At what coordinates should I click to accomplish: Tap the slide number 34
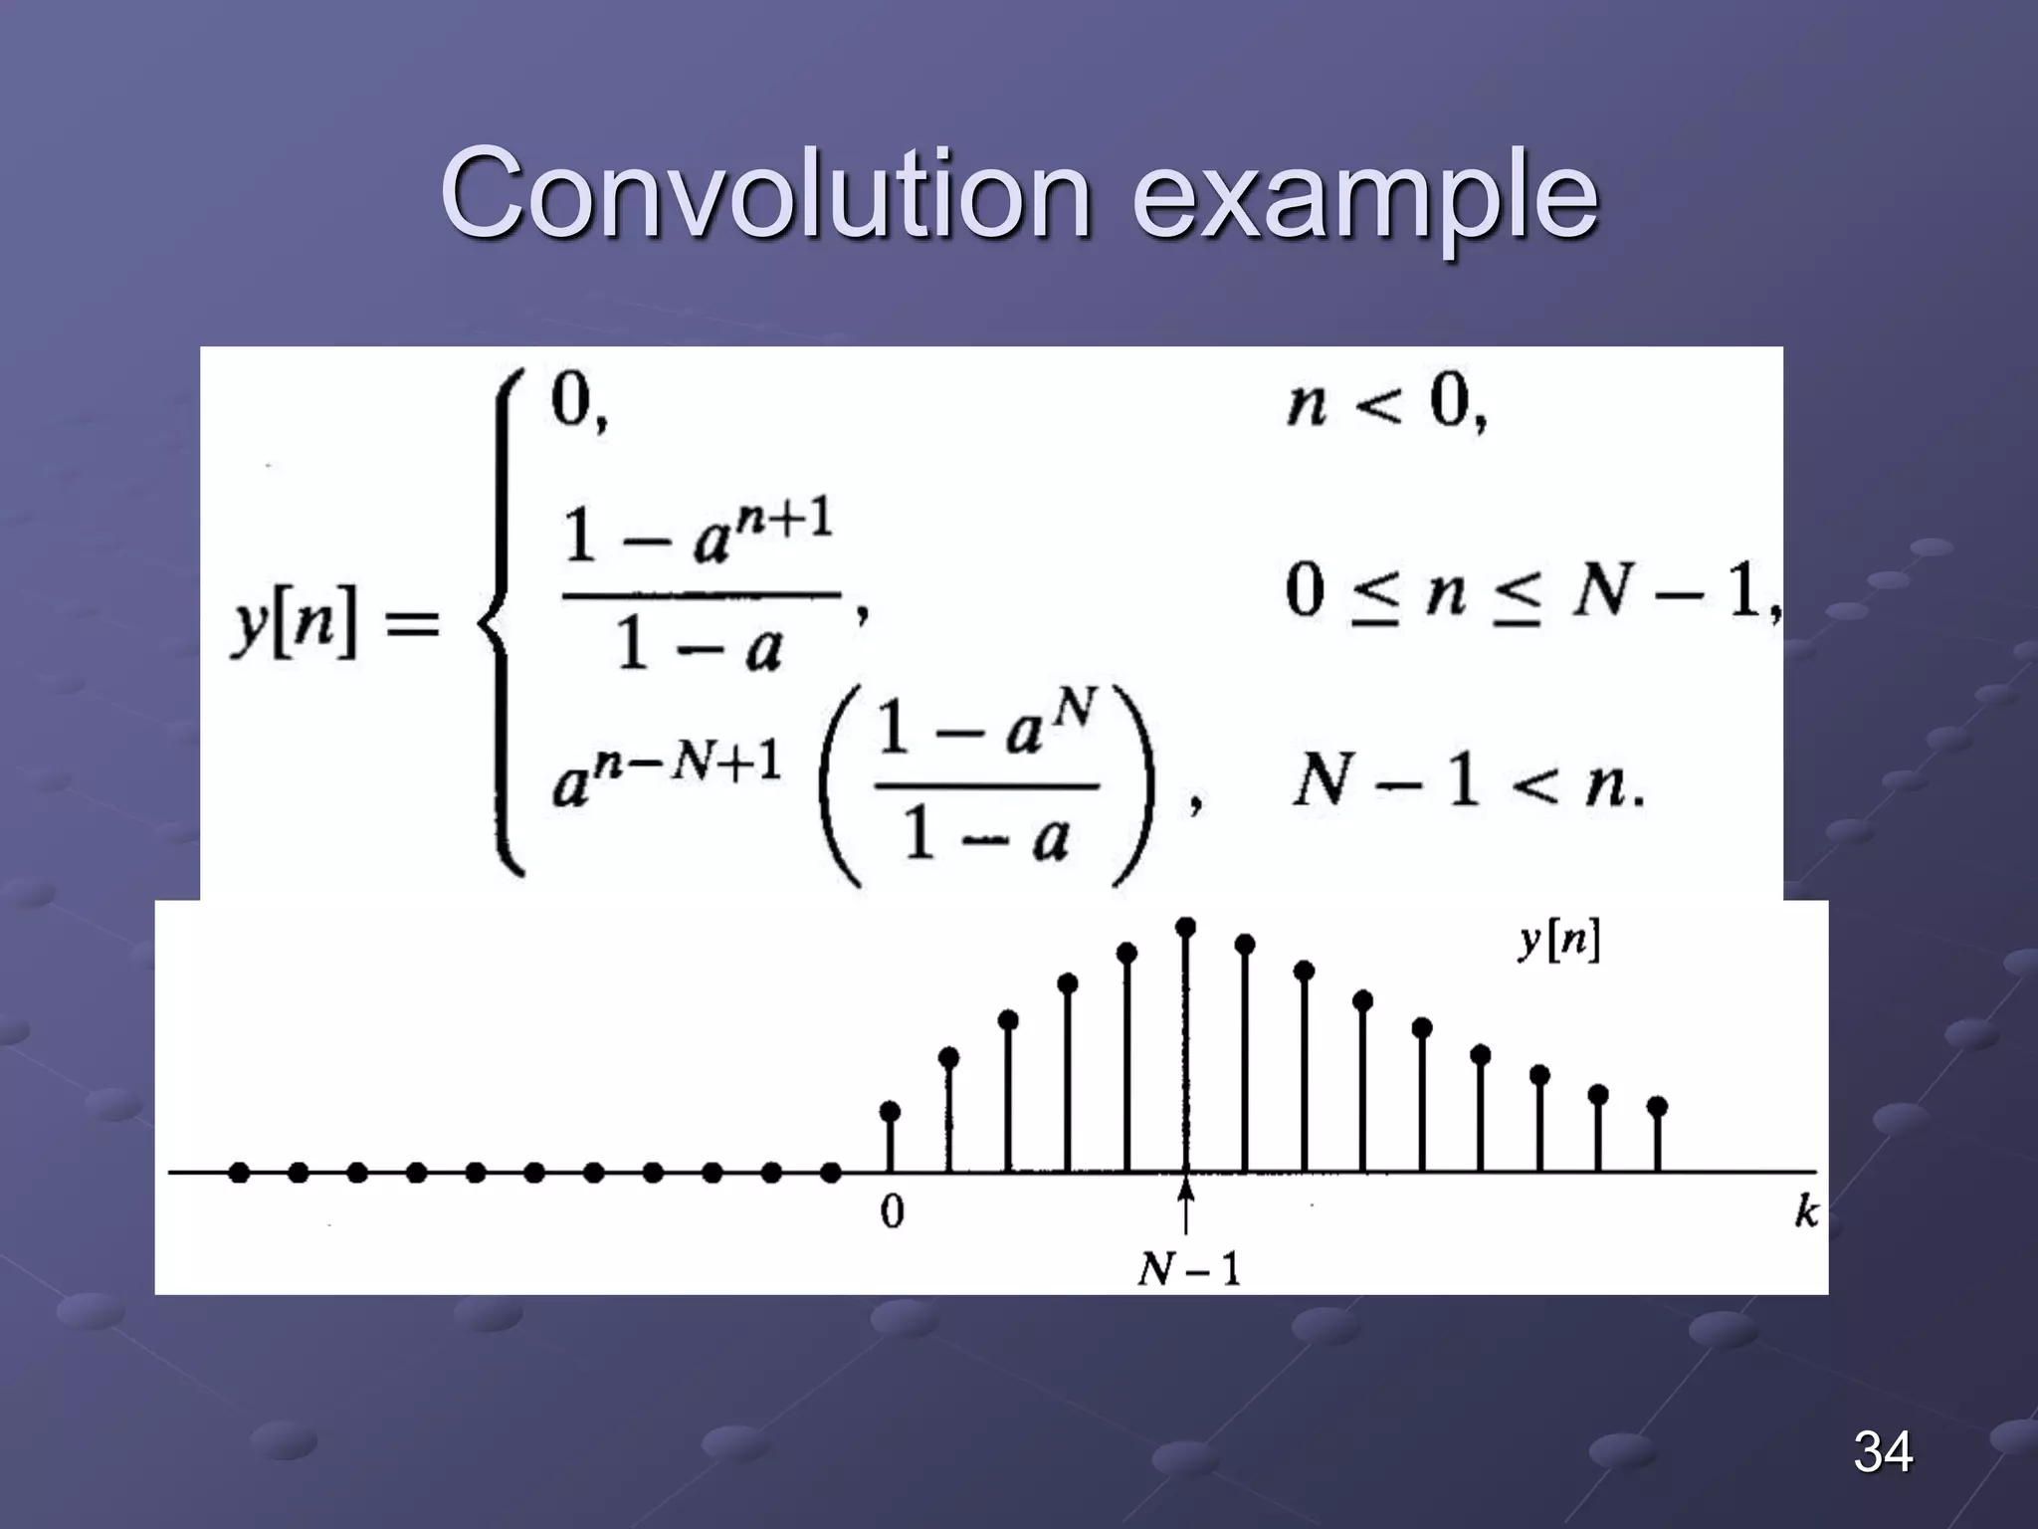click(1883, 1451)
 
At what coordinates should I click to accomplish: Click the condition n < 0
click(1385, 404)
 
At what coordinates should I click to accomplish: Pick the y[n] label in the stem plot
click(1559, 940)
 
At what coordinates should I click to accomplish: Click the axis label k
click(1806, 1212)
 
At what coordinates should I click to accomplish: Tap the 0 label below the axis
click(893, 1211)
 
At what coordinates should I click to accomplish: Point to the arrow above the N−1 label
click(1185, 1205)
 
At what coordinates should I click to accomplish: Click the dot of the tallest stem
click(1185, 927)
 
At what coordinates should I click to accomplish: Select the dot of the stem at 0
click(891, 1110)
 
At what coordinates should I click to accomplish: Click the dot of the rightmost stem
click(1657, 1106)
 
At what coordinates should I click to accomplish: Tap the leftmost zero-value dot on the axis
click(239, 1173)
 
